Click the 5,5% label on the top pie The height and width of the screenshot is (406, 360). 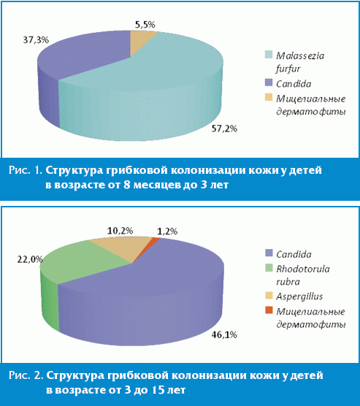click(x=145, y=25)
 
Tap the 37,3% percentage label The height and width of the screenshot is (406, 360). click(x=36, y=40)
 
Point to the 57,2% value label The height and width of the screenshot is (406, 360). click(x=224, y=129)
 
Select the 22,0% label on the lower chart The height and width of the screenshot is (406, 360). click(x=30, y=259)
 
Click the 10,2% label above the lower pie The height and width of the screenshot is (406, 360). click(x=120, y=231)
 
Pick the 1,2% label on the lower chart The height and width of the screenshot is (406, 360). click(x=167, y=231)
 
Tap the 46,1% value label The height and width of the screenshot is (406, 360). click(x=224, y=334)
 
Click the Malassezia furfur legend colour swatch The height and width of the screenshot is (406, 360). click(x=269, y=55)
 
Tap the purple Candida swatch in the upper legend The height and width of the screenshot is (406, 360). click(x=269, y=83)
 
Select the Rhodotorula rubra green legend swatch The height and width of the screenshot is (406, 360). click(x=269, y=268)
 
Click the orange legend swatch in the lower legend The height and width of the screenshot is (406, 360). click(x=269, y=310)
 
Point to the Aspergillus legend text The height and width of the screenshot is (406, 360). click(x=299, y=296)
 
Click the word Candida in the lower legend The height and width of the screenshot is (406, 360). click(x=294, y=254)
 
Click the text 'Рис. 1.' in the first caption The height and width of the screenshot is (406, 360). click(x=26, y=170)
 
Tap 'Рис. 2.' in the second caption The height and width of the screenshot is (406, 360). click(x=26, y=375)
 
